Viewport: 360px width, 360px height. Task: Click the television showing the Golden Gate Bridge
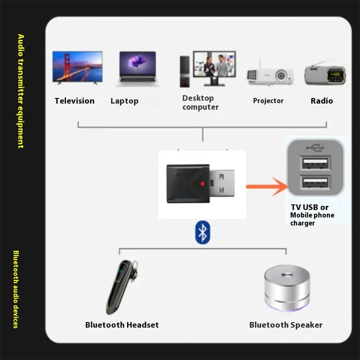pyautogui.click(x=77, y=67)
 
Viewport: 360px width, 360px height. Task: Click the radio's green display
pyautogui.click(x=335, y=74)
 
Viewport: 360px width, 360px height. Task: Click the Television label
pyautogui.click(x=75, y=101)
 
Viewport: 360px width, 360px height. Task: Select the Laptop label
pyautogui.click(x=124, y=101)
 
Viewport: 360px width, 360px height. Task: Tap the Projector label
pyautogui.click(x=268, y=101)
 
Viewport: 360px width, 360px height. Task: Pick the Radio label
pyautogui.click(x=322, y=101)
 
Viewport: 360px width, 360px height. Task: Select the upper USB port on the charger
pyautogui.click(x=315, y=163)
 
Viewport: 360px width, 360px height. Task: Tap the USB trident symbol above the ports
pyautogui.click(x=315, y=147)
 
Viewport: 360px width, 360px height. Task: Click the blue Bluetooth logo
pyautogui.click(x=202, y=233)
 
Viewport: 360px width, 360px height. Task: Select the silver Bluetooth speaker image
pyautogui.click(x=287, y=288)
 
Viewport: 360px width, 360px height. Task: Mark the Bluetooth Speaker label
pyautogui.click(x=286, y=325)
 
